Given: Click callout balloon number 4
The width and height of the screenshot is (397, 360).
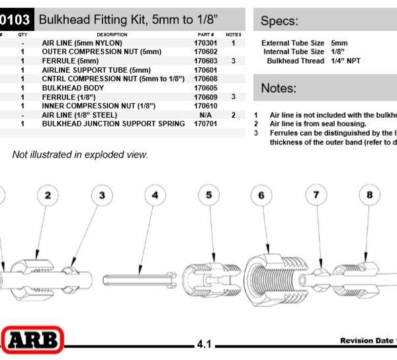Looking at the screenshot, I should (x=155, y=195).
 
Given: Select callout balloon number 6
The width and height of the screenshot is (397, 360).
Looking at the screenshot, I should (x=261, y=195).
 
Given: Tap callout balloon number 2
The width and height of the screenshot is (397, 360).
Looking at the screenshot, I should (x=48, y=195).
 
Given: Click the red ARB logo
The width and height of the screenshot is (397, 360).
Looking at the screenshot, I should (x=33, y=341).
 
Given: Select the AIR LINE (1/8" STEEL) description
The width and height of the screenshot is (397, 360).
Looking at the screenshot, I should (x=79, y=114).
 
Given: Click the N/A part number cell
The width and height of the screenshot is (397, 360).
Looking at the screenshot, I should (x=205, y=114).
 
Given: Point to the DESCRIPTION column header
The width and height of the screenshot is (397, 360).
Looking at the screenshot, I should (x=112, y=34).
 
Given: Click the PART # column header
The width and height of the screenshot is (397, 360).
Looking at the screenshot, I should (x=205, y=34).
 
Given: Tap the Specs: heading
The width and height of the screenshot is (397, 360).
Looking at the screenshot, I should (x=279, y=21).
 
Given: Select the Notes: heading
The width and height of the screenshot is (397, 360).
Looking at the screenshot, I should (x=279, y=88).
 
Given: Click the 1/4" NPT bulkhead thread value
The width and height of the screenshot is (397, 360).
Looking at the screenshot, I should (x=345, y=61).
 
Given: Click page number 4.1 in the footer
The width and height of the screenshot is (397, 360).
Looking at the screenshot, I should (x=204, y=344).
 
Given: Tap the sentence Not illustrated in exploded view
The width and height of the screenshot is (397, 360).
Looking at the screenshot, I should (x=80, y=155).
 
